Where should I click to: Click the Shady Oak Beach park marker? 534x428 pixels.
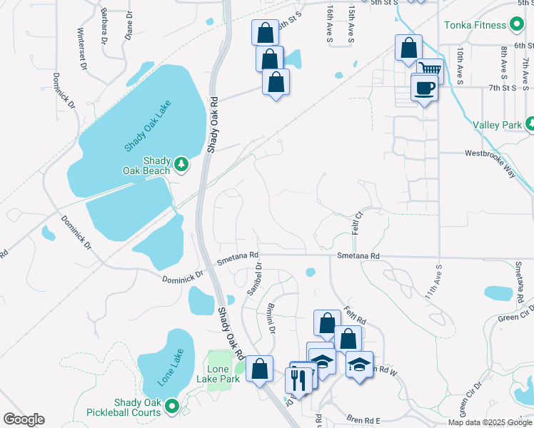coord(181,165)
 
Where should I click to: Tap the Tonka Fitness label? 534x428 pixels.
coord(475,25)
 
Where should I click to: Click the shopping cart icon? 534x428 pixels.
coord(430,70)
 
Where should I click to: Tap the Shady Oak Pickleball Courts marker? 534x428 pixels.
coord(172,407)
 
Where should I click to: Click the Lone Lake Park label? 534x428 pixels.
coord(223,374)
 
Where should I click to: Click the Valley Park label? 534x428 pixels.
coord(498,125)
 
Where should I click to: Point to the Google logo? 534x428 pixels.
coord(24,419)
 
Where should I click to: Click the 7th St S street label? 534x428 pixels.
coord(503,88)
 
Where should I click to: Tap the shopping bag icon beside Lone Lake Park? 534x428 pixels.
coord(259,368)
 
